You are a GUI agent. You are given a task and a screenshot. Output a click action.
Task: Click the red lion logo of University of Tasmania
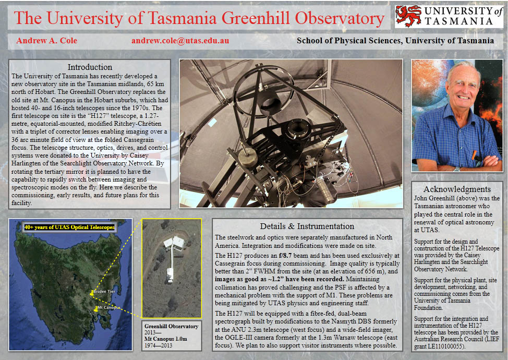tap(408, 16)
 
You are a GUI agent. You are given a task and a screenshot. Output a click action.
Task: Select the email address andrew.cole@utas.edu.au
tap(180, 41)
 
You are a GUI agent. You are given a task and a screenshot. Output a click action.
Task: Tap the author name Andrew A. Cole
tap(46, 41)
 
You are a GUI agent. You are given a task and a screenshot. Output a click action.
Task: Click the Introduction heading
tap(90, 67)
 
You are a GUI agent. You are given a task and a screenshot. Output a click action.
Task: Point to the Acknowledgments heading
tap(457, 189)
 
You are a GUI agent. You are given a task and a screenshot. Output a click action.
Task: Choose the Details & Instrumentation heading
tap(307, 226)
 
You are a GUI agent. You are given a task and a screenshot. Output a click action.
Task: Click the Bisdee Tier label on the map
tap(104, 291)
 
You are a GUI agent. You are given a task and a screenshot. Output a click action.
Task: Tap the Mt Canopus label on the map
tap(109, 307)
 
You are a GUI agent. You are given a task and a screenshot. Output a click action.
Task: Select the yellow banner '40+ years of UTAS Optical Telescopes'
tap(69, 227)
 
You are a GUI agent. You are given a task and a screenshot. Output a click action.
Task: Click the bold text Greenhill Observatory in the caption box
tap(172, 326)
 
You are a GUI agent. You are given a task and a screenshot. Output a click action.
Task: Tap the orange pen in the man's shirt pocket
tap(474, 155)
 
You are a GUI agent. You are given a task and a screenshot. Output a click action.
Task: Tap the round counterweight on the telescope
tap(248, 158)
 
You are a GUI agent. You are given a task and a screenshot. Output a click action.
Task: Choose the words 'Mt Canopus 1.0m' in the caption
tap(166, 339)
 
